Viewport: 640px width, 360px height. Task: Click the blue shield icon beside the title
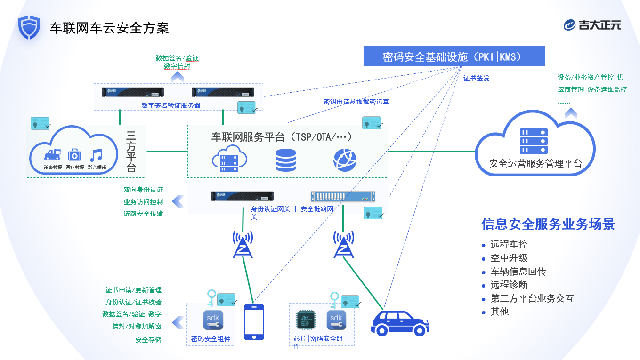pos(29,27)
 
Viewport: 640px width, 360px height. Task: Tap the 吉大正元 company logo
pos(592,25)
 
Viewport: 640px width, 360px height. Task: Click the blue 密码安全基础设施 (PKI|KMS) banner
pos(454,56)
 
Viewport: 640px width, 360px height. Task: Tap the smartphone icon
pos(254,322)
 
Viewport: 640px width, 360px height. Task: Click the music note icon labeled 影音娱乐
pos(96,155)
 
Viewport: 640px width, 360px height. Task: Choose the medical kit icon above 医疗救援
pos(74,155)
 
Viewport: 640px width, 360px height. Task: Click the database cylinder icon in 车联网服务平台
pos(286,160)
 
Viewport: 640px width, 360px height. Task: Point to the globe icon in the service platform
pos(345,160)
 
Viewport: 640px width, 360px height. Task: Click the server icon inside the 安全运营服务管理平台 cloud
pos(533,141)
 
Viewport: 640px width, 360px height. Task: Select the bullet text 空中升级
pos(509,258)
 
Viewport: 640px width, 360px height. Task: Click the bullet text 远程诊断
pos(509,285)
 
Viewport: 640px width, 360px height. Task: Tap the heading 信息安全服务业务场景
pos(548,224)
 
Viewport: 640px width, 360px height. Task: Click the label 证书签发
pos(477,78)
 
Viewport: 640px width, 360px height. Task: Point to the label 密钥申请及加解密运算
pos(356,102)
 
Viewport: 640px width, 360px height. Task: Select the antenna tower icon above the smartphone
pos(243,245)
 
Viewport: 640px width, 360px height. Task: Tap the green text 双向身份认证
pos(143,190)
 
